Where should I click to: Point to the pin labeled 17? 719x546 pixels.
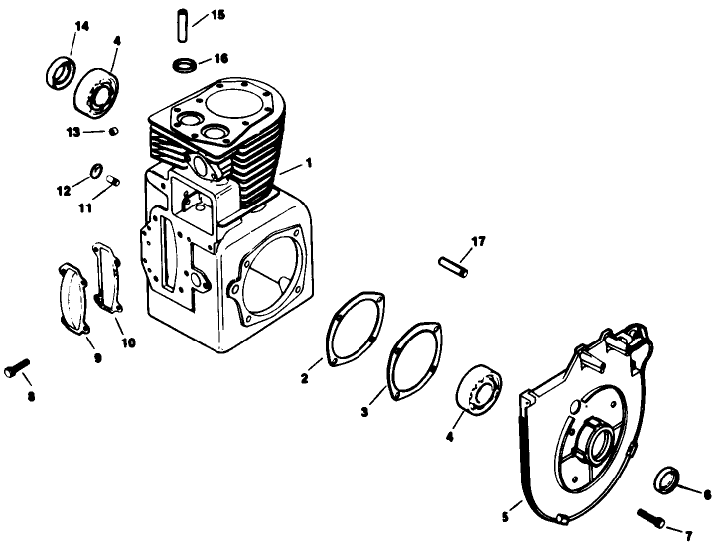pyautogui.click(x=452, y=265)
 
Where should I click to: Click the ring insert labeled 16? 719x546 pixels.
pyautogui.click(x=183, y=66)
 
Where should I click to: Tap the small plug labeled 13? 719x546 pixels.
pyautogui.click(x=113, y=130)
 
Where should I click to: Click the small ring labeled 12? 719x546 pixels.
pyautogui.click(x=97, y=170)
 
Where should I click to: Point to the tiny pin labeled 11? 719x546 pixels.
pyautogui.click(x=113, y=180)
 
